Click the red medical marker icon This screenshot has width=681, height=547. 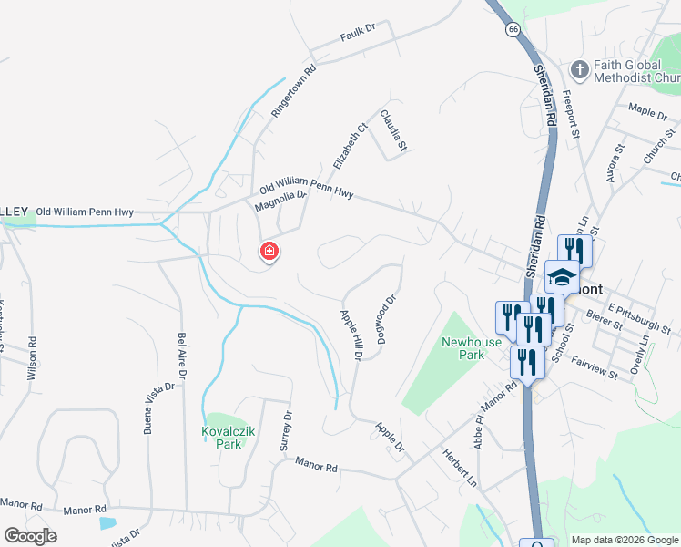(x=269, y=251)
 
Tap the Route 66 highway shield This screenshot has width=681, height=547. (x=513, y=30)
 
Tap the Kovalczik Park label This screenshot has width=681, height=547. (x=222, y=438)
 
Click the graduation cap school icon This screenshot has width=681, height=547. (x=562, y=277)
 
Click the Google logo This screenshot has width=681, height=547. (x=30, y=536)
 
